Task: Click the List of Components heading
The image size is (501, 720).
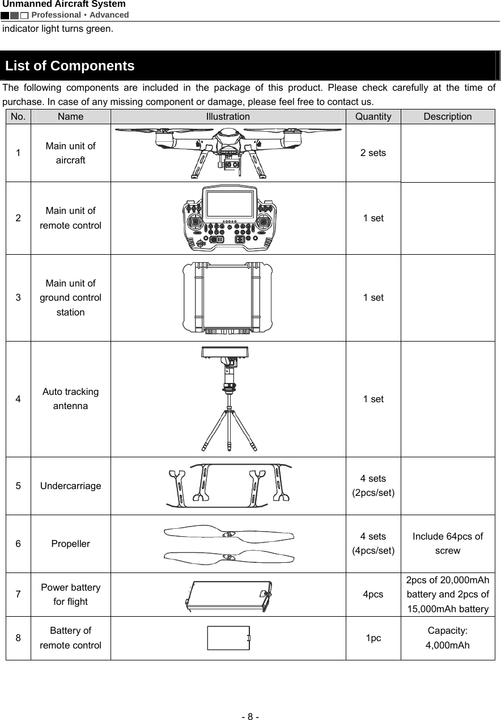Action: click(x=70, y=66)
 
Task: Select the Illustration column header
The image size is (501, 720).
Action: click(x=228, y=117)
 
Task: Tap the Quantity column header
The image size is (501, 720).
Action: click(x=373, y=117)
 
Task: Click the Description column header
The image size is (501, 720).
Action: click(x=448, y=117)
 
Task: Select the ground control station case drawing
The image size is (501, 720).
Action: click(x=228, y=297)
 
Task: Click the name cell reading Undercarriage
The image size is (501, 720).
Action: click(x=71, y=486)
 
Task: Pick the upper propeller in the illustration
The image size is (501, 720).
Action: click(x=228, y=534)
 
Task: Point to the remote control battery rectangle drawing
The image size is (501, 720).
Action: click(x=228, y=638)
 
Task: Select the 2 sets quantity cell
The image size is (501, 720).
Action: click(x=373, y=153)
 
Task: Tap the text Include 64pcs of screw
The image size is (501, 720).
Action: click(x=448, y=544)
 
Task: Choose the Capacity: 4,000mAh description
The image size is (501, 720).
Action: click(x=448, y=638)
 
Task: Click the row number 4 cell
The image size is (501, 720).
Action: click(x=19, y=399)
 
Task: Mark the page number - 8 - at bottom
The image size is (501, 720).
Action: click(x=250, y=701)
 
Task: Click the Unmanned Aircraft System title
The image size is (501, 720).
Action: click(x=64, y=5)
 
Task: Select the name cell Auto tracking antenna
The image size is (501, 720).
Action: click(x=71, y=399)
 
